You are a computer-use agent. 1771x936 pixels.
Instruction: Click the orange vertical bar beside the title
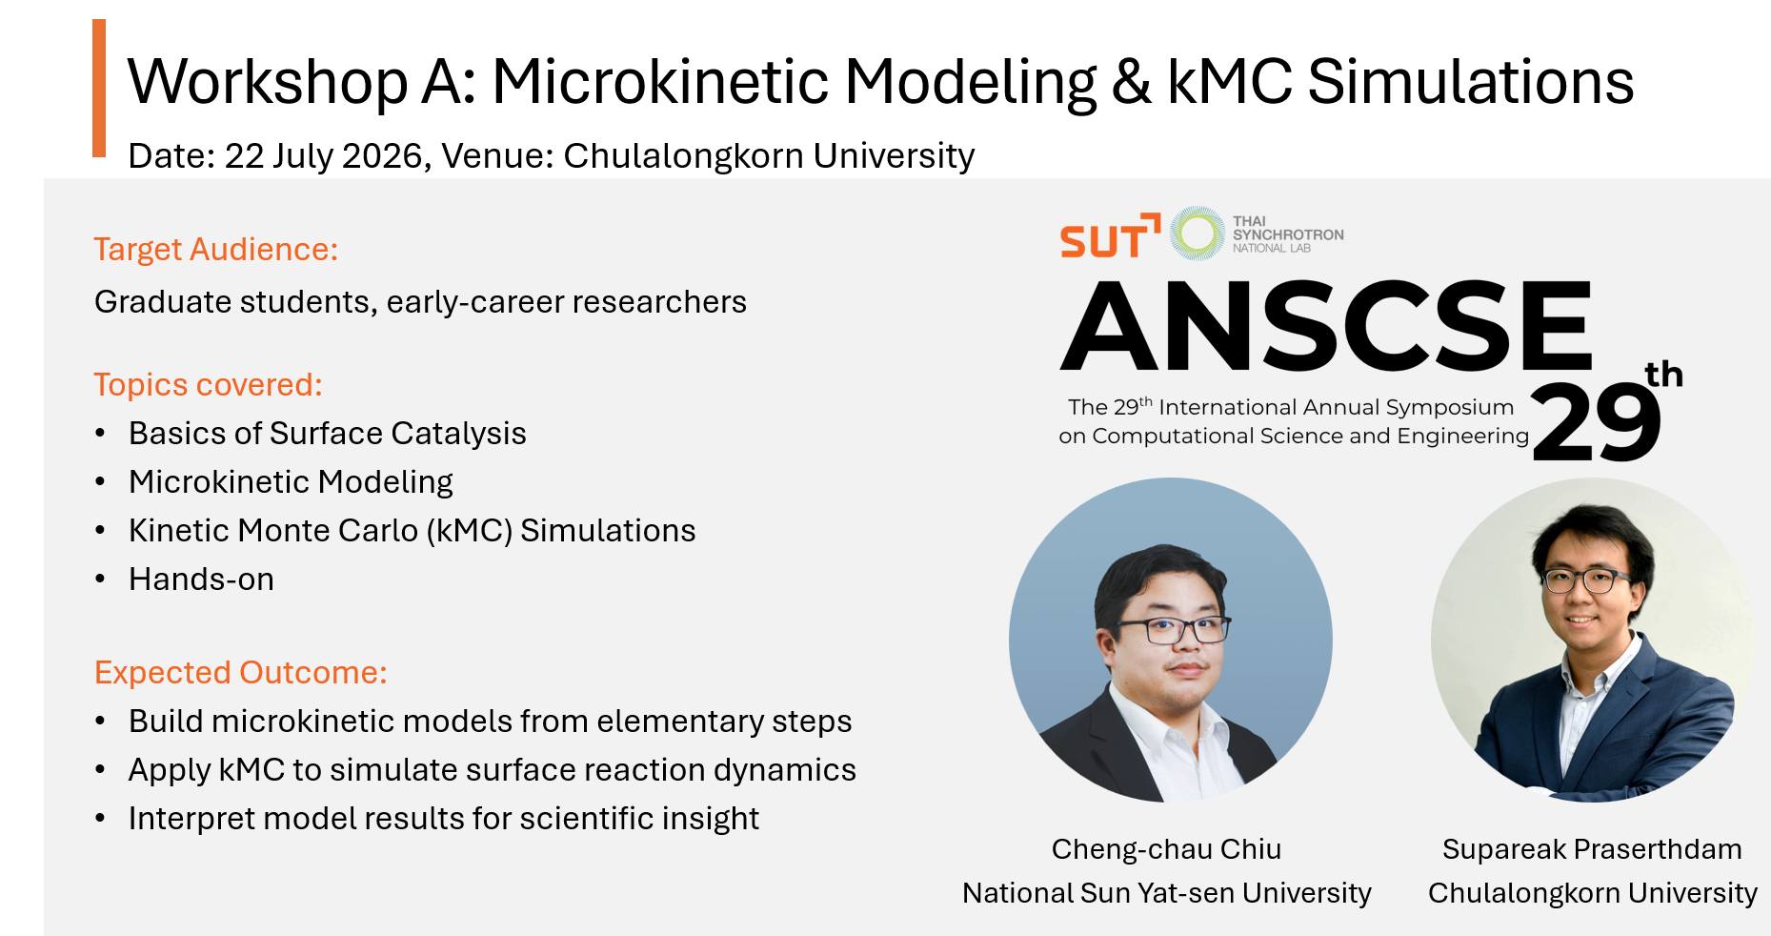(99, 88)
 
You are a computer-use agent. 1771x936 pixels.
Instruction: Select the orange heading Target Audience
(216, 249)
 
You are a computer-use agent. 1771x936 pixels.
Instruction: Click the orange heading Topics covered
(209, 384)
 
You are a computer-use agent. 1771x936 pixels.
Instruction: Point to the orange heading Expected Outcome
(241, 672)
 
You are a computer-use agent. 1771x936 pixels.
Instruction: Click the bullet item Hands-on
(201, 579)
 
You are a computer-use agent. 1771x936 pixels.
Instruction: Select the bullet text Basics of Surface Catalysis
(327, 433)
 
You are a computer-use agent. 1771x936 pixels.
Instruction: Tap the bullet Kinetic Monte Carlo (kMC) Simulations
(412, 530)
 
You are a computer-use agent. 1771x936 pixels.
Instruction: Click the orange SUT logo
(1110, 236)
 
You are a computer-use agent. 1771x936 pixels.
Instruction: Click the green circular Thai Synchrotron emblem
(1197, 233)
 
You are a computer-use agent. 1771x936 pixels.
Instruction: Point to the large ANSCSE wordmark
(1326, 325)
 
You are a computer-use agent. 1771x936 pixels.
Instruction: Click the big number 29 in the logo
(1597, 422)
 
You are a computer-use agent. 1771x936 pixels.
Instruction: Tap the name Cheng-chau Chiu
(1166, 848)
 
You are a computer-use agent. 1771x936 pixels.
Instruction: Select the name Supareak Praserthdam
(1592, 848)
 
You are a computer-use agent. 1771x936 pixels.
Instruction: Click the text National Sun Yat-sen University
(1166, 892)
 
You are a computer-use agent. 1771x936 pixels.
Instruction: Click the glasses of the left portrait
(1173, 630)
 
